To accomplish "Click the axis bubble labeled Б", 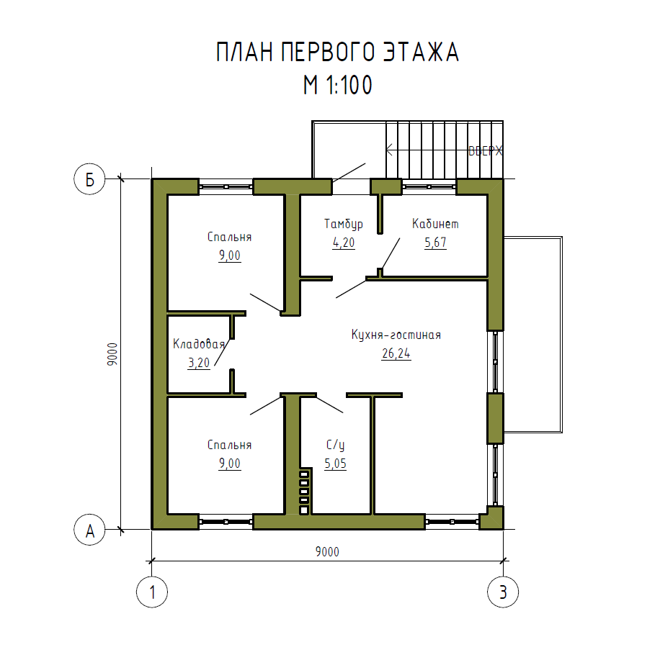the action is click(x=89, y=179).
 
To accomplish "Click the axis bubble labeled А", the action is click(x=89, y=530).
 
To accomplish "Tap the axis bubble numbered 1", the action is click(x=152, y=592).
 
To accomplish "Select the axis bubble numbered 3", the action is click(x=503, y=592).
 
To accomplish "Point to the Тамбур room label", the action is click(x=344, y=224).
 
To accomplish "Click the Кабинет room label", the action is click(x=435, y=224).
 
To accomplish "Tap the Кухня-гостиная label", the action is click(x=396, y=335).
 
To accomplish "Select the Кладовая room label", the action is click(x=199, y=344).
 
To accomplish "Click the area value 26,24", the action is click(x=396, y=353).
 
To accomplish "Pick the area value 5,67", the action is click(x=435, y=243).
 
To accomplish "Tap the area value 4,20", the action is click(x=344, y=243).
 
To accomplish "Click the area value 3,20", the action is click(x=199, y=363).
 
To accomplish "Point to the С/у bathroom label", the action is click(x=336, y=445).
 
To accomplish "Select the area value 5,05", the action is click(x=336, y=464).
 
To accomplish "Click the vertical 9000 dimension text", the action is click(x=112, y=354).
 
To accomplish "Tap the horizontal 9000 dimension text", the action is click(x=327, y=551).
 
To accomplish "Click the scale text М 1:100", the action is click(x=338, y=85).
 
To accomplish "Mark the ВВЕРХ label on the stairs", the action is click(x=486, y=150).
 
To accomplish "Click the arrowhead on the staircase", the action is click(x=388, y=150).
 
